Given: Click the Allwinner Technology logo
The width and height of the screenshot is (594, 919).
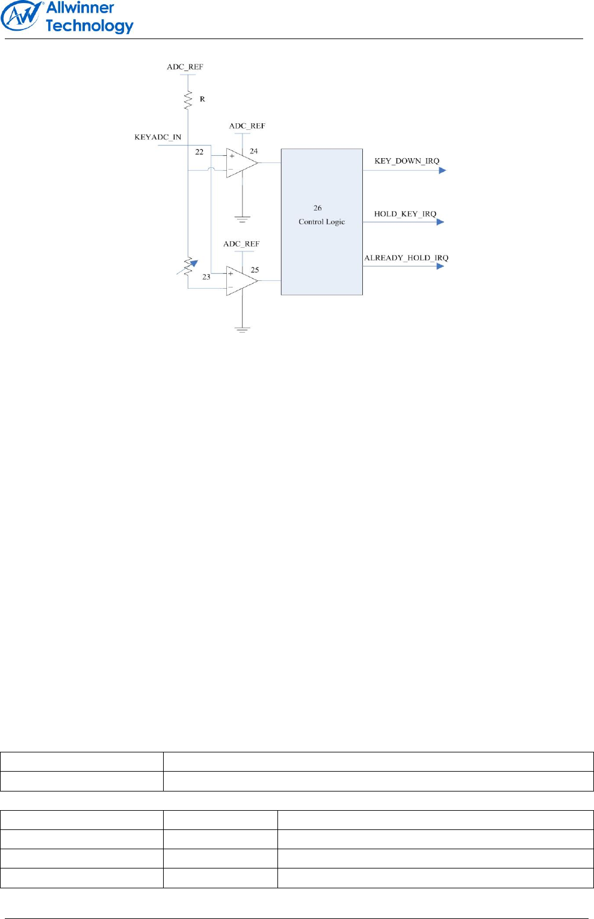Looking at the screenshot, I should coord(67,17).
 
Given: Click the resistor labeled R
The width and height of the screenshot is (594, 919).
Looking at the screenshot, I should coord(188,100).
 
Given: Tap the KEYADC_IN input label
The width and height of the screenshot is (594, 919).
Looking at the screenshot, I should coord(158,137).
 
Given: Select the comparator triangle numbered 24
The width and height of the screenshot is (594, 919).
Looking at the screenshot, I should coord(241,162).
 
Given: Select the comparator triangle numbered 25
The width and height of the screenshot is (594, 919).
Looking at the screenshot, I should coord(241,281).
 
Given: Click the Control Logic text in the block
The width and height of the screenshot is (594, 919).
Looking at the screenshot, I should coord(321,222).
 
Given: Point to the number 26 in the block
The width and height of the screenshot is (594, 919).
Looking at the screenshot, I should coord(318,208).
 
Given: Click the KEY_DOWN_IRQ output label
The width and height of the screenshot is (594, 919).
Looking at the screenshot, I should coord(407,161).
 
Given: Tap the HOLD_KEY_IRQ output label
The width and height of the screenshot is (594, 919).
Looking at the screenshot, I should coord(405,214).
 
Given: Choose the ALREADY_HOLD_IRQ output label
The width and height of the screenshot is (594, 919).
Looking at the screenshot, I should coord(406,258).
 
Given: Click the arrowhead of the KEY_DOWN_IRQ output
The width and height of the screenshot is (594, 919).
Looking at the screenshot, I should coord(442,170).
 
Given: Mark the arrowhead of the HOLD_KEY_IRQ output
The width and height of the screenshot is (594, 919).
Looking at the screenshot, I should coord(441,222).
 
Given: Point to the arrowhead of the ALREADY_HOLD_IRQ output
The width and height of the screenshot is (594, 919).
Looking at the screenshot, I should coord(441,266).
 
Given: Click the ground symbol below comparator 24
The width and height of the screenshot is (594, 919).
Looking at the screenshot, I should coord(243,220).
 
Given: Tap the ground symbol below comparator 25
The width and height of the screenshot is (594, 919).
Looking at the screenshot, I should coord(242,329).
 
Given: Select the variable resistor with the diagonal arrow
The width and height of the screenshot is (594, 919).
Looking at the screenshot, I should coord(188,266).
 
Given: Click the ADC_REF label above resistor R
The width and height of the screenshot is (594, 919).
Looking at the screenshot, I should coord(185,67).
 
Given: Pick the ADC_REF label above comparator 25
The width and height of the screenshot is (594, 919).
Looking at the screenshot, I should coord(241,244).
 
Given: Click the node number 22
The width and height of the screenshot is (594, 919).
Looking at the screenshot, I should coord(199,152).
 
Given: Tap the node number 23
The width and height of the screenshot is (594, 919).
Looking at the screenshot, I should coord(206,277).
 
